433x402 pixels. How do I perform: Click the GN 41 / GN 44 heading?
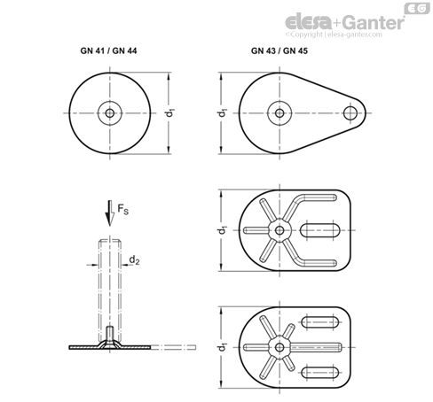click(x=108, y=51)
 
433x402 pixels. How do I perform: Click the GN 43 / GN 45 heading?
click(x=279, y=51)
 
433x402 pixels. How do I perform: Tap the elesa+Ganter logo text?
click(x=344, y=22)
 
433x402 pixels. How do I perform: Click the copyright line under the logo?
click(x=334, y=35)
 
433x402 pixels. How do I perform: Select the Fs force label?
click(x=123, y=209)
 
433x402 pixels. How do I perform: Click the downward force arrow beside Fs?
click(x=110, y=213)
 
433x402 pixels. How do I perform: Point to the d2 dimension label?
click(x=134, y=260)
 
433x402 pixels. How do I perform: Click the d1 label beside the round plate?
click(x=169, y=113)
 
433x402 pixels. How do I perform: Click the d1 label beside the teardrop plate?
click(x=223, y=113)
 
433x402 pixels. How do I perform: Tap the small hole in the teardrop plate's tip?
click(x=350, y=113)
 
